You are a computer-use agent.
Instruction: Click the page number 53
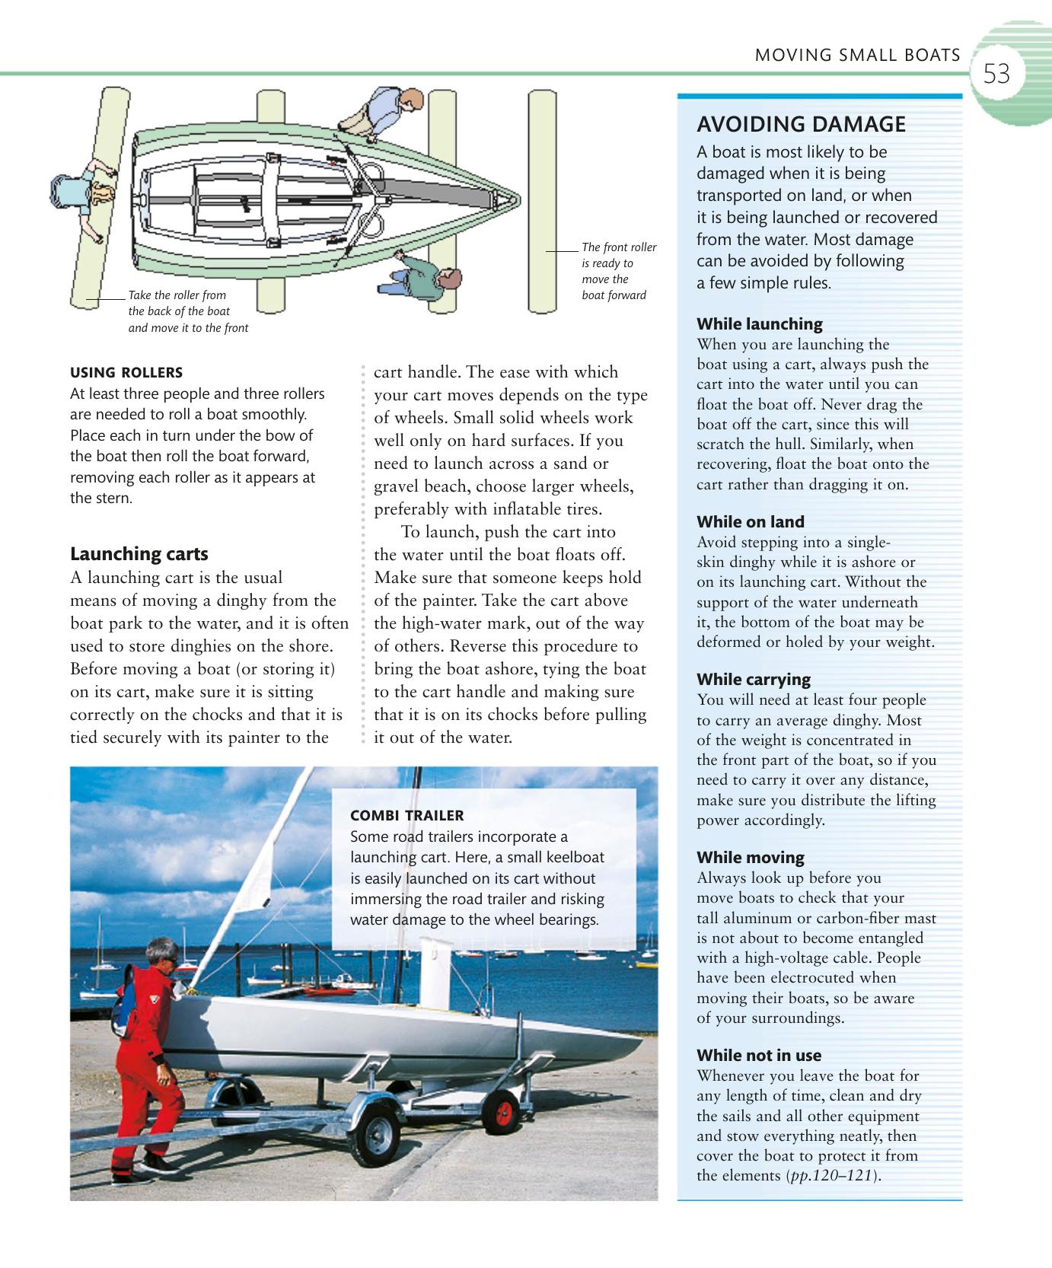[996, 75]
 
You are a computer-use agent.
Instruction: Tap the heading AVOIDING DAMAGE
[802, 124]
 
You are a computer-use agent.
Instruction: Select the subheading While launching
[760, 323]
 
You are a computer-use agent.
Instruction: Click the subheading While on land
[751, 521]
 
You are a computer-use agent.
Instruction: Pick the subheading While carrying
[754, 679]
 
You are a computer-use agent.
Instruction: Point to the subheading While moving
[751, 857]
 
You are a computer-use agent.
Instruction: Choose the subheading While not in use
[759, 1055]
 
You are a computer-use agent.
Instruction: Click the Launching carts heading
[139, 553]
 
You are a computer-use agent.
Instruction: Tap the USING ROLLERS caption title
[126, 372]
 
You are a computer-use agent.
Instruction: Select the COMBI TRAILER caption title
[406, 815]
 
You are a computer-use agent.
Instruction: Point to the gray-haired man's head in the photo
[161, 953]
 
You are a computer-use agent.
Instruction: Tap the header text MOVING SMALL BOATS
[857, 55]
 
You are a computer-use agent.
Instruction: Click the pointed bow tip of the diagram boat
[520, 199]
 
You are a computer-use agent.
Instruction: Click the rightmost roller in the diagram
[542, 201]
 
